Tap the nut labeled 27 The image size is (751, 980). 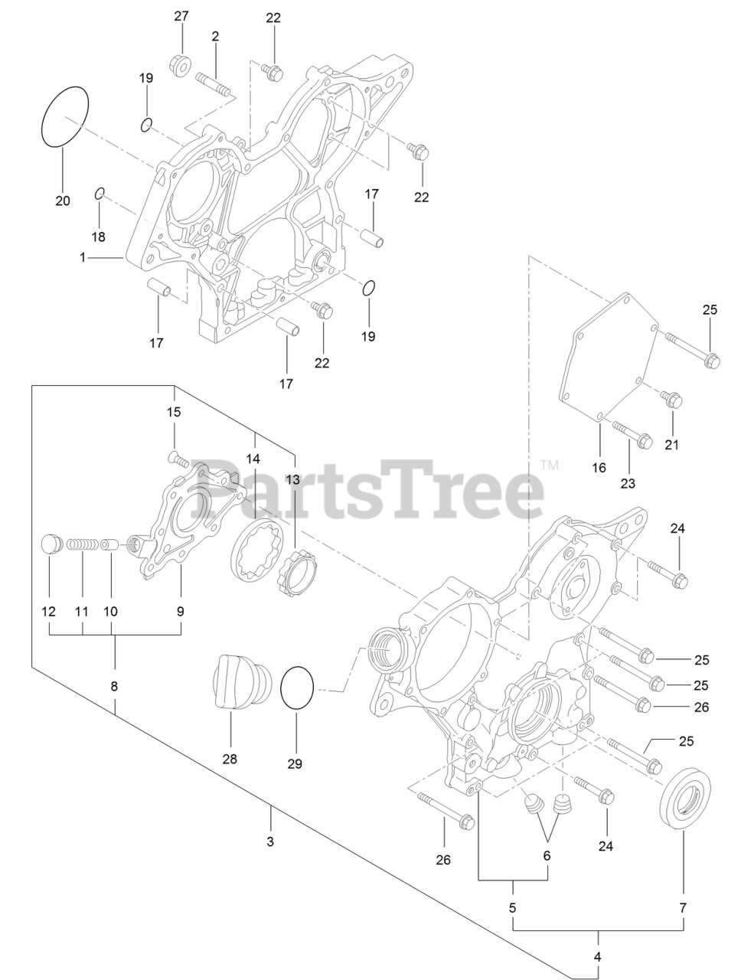180,66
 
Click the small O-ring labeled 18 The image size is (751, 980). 100,193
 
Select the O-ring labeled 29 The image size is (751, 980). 298,688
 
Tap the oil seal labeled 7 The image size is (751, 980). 686,801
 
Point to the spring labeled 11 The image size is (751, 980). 80,546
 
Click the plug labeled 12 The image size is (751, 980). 50,544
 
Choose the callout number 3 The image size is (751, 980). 269,841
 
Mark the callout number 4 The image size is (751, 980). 597,956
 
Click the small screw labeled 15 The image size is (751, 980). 177,459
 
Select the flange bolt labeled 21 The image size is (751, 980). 672,399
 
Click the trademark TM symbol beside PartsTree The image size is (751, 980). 550,464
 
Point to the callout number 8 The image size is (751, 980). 114,686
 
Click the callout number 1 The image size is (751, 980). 83,258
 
